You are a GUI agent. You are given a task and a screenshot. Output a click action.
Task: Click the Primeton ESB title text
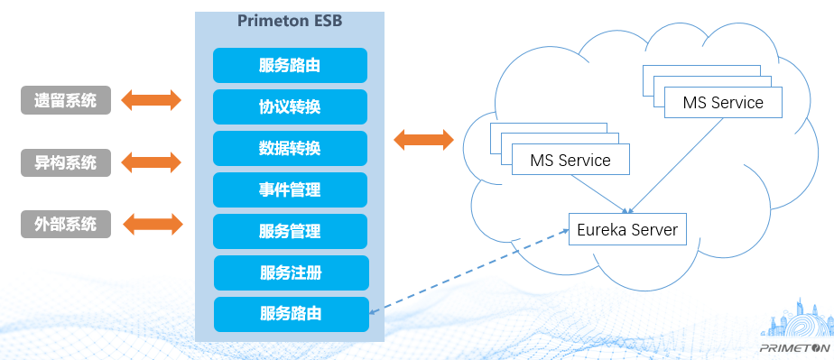pos(290,21)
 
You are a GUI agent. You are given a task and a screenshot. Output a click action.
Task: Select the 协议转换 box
pos(290,106)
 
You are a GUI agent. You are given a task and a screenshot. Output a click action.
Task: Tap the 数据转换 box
pos(290,148)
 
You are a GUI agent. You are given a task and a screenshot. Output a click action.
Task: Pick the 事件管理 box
pos(290,189)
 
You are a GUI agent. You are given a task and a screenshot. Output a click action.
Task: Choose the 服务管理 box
pos(290,231)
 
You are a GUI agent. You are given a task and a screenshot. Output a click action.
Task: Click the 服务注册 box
pos(291,272)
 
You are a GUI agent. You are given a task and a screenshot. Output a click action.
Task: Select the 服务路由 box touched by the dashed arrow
pos(291,314)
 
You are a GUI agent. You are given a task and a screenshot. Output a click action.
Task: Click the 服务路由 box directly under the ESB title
pos(290,65)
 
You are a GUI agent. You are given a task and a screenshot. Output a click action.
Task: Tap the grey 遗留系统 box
pos(66,100)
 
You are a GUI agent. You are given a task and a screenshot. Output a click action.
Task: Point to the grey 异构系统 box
pos(66,162)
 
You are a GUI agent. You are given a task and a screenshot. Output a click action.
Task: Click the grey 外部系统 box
pos(66,225)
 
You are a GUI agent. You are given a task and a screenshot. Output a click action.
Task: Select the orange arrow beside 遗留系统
pos(151,100)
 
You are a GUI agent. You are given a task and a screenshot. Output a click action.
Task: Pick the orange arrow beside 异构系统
pos(151,162)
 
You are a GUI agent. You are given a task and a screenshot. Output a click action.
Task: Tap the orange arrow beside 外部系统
pos(153,225)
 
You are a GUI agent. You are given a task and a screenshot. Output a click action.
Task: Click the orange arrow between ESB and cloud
pos(423,140)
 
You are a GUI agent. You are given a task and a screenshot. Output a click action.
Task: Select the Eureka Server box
pos(627,229)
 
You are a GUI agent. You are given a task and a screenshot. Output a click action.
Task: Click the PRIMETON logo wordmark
pos(794,348)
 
